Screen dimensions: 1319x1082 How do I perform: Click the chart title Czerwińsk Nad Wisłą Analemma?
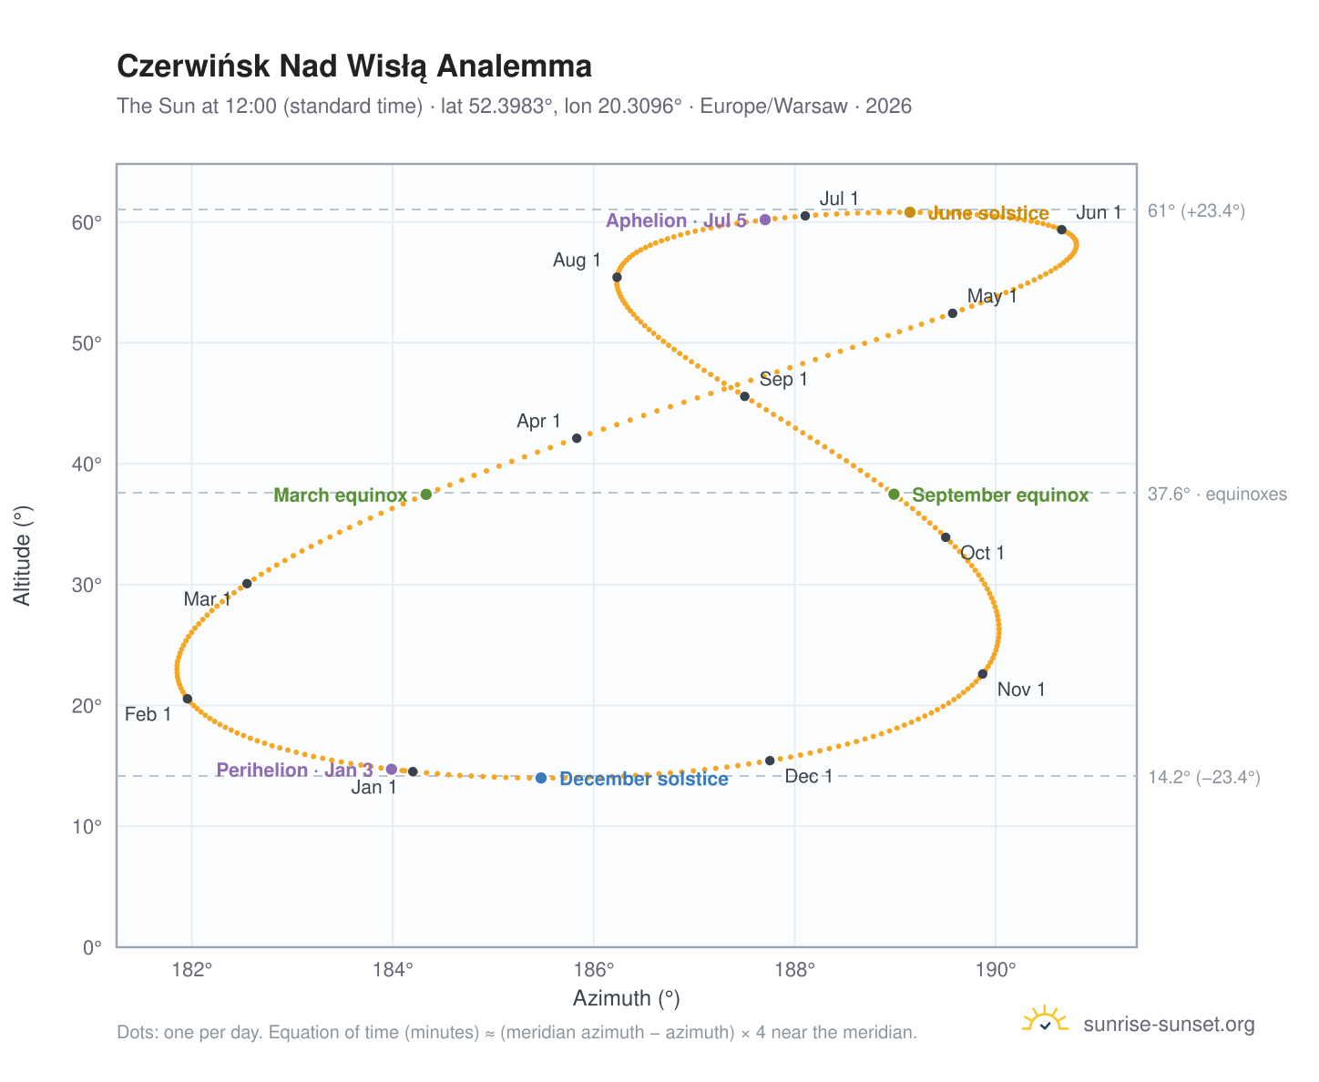coord(353,66)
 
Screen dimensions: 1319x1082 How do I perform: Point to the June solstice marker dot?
coord(909,212)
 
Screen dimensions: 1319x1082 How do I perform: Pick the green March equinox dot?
coord(425,494)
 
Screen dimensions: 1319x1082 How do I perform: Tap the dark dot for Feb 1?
coord(187,698)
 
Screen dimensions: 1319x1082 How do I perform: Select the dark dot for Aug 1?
coord(616,277)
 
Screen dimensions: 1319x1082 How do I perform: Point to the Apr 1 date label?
coord(537,420)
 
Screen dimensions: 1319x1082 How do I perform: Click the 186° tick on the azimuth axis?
coord(593,969)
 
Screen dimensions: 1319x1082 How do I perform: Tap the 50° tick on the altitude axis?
coord(87,342)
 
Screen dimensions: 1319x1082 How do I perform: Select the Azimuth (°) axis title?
coord(626,997)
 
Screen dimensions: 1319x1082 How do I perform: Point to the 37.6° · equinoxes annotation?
coord(1215,494)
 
